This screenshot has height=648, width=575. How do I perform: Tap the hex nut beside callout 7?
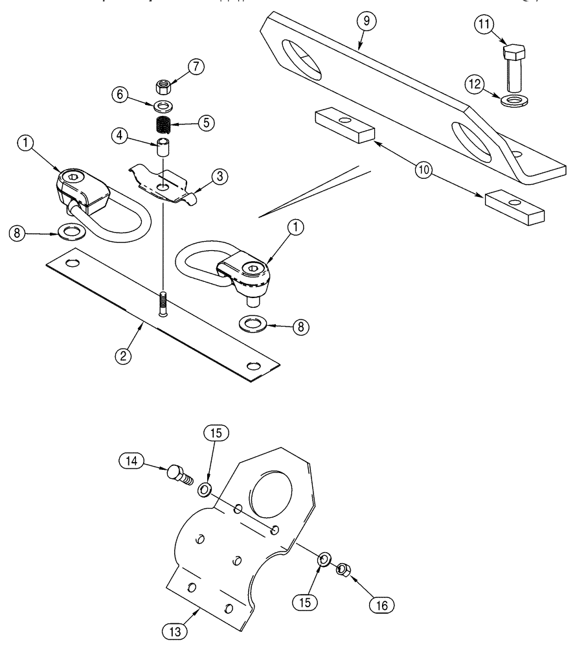coord(164,86)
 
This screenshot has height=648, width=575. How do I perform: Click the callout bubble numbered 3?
coord(221,176)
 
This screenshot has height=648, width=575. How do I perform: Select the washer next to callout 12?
coord(515,100)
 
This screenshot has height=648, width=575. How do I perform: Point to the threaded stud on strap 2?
coord(162,303)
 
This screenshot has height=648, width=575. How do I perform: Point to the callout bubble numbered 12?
coord(476,84)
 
